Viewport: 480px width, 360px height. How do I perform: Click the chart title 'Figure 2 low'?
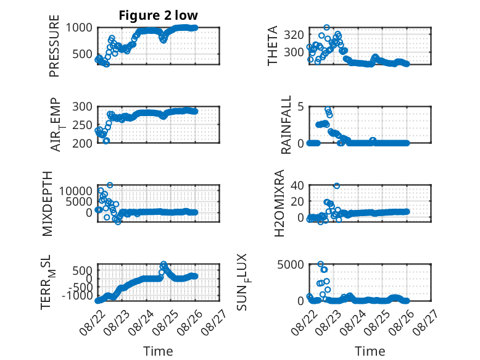click(159, 15)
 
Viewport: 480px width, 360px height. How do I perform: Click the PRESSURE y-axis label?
click(54, 46)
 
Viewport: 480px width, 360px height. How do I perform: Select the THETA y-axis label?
click(272, 46)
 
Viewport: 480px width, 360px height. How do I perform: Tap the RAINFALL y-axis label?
click(286, 125)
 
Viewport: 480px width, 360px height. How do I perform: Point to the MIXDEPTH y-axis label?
click(47, 204)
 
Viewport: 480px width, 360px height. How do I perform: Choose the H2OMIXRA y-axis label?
click(279, 203)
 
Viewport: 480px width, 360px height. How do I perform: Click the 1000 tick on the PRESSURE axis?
click(80, 28)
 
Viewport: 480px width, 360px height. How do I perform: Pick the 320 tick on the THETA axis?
click(294, 35)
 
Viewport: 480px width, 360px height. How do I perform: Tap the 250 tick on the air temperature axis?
click(82, 125)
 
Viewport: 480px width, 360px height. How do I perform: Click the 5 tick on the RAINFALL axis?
click(300, 107)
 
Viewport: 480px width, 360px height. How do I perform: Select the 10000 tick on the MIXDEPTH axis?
click(76, 191)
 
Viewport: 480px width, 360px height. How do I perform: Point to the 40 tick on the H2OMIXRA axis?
click(297, 185)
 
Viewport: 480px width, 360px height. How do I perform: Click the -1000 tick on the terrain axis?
click(77, 296)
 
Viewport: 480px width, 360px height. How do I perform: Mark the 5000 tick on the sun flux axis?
click(291, 264)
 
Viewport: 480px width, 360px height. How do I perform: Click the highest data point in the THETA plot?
click(327, 28)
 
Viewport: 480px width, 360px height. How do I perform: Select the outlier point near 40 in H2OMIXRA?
click(337, 186)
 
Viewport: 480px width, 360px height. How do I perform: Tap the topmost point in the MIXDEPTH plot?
click(110, 185)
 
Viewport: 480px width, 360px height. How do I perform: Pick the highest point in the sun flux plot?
click(320, 264)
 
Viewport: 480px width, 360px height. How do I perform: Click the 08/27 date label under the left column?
click(215, 322)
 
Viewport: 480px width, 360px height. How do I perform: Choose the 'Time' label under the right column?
click(370, 351)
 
